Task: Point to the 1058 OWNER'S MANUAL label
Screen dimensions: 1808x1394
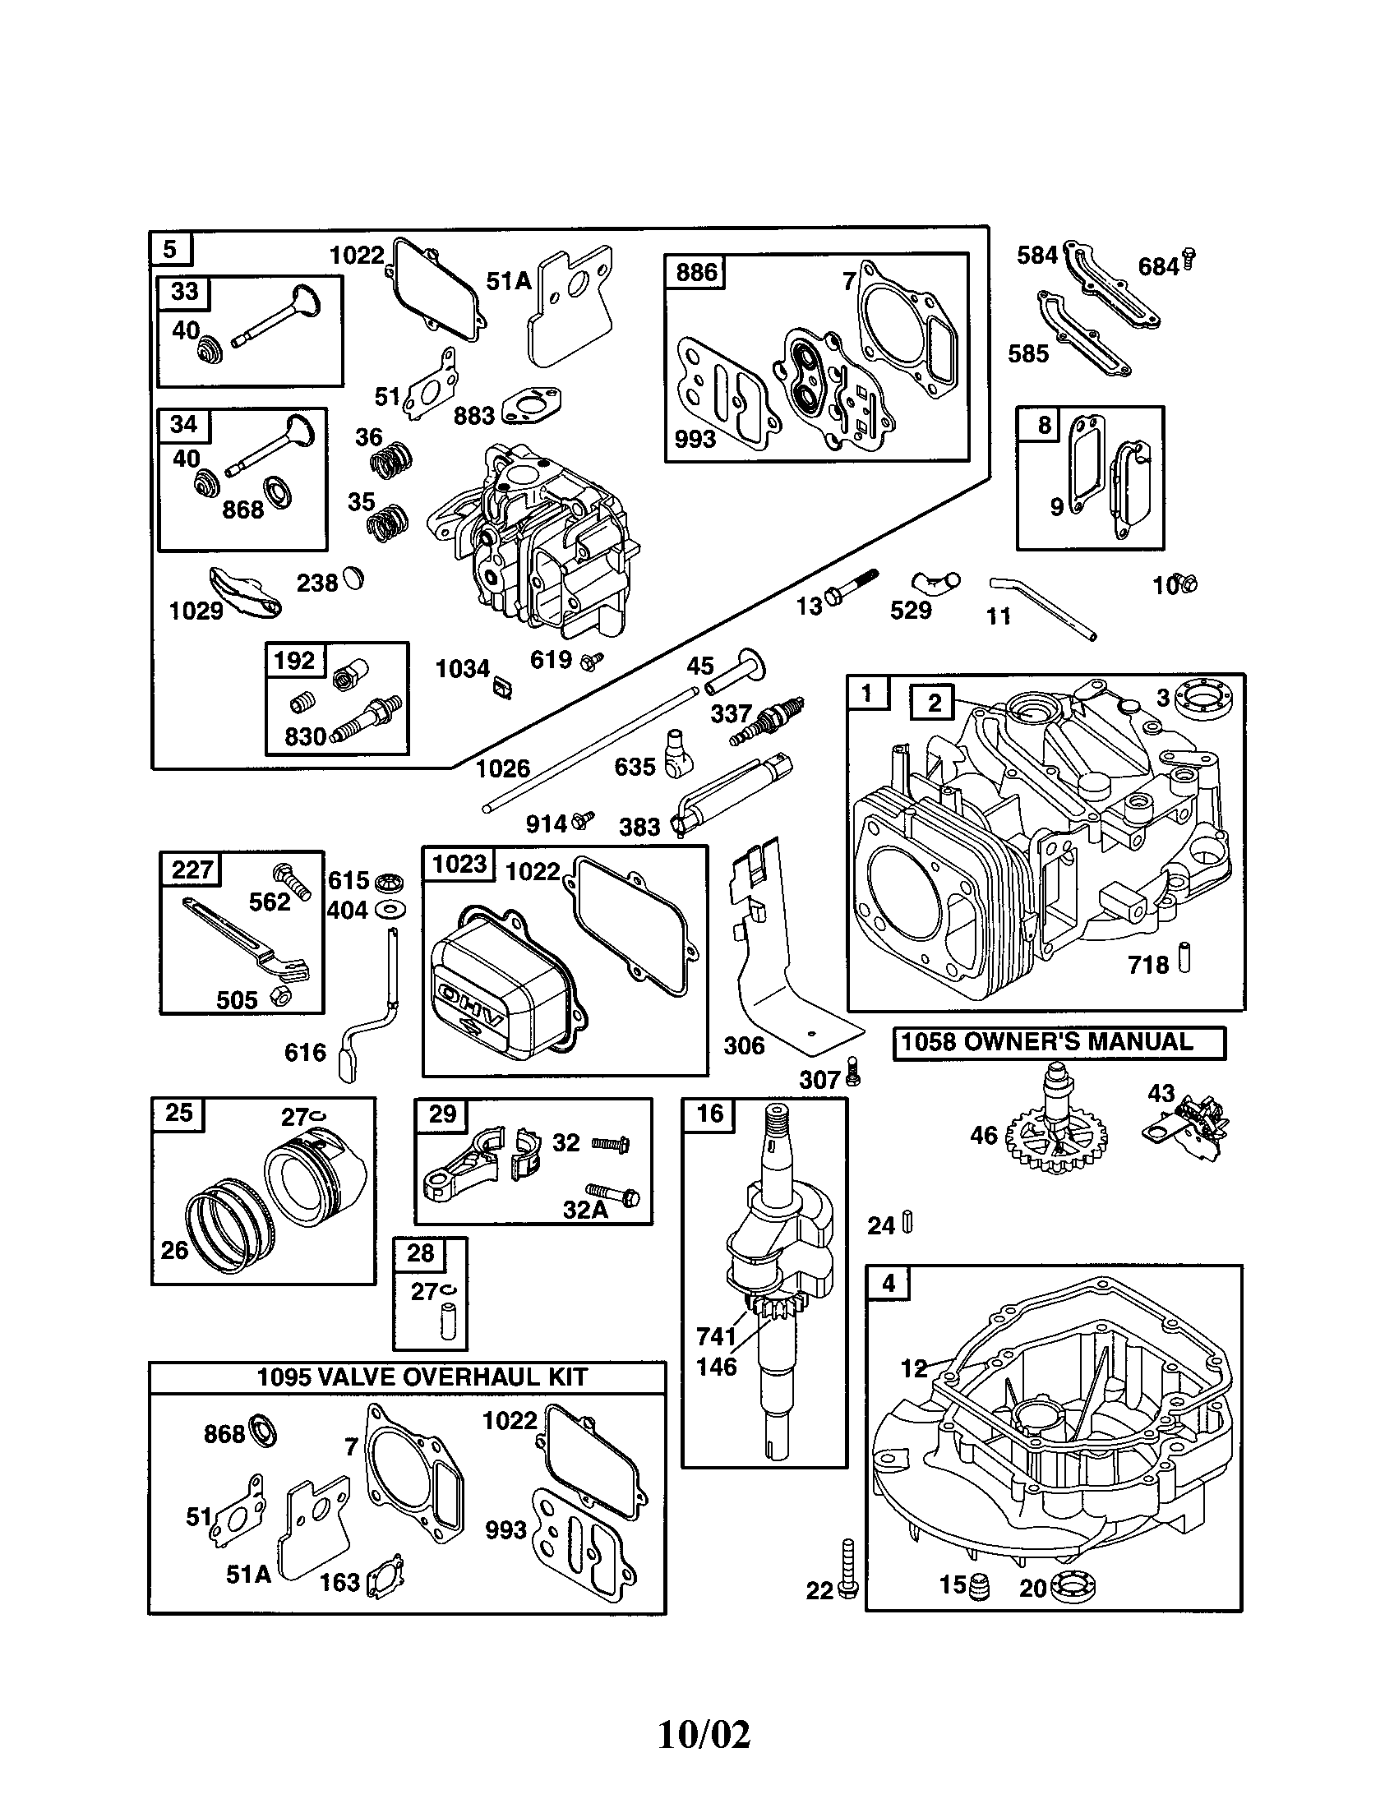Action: (x=1059, y=1042)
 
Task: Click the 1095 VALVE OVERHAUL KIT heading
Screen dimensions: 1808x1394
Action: (x=422, y=1377)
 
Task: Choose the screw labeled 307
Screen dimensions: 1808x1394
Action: (x=854, y=1076)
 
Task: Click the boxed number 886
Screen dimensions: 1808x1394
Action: (x=695, y=272)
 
